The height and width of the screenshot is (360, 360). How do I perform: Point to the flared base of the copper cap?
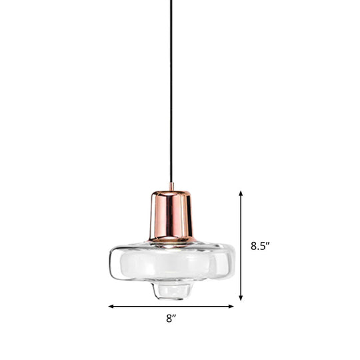[x=171, y=238]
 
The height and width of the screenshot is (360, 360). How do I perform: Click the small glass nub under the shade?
[x=171, y=290]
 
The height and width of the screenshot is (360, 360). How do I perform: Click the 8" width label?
[x=171, y=319]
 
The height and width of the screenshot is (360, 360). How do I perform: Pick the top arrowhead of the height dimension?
[x=241, y=193]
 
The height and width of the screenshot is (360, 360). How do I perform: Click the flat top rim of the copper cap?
[x=171, y=191]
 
